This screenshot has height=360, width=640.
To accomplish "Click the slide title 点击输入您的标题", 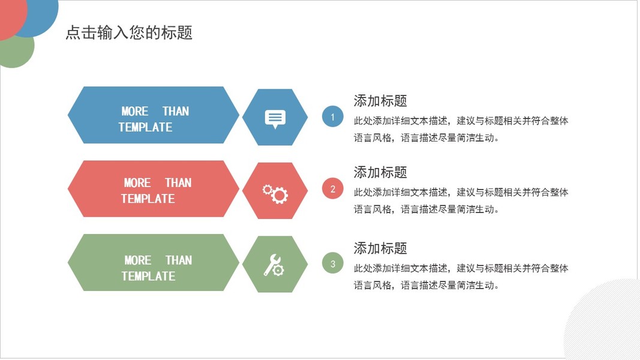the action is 129,32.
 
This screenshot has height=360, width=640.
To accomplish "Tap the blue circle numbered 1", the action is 333,117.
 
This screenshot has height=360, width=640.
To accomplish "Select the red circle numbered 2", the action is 333,188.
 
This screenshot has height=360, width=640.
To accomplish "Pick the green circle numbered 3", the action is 333,263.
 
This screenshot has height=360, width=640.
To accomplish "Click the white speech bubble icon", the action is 275,119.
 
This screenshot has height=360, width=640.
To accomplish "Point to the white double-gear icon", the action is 275,194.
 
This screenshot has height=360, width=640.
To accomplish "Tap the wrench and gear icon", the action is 274,265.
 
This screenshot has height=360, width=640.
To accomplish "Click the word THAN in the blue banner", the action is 176,112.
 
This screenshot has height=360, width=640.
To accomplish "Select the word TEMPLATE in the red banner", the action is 148,199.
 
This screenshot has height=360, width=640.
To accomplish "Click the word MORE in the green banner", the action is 137,260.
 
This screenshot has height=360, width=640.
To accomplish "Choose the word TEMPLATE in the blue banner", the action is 145,127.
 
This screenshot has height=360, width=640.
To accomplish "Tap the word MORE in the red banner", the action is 137,183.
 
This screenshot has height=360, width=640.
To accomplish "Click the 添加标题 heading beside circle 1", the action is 380,101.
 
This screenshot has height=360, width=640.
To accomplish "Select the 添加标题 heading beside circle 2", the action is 380,172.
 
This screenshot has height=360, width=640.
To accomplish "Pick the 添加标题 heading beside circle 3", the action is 380,248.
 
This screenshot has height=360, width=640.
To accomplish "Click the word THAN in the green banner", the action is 178,260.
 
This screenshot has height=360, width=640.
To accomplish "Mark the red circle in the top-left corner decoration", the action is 11,16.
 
